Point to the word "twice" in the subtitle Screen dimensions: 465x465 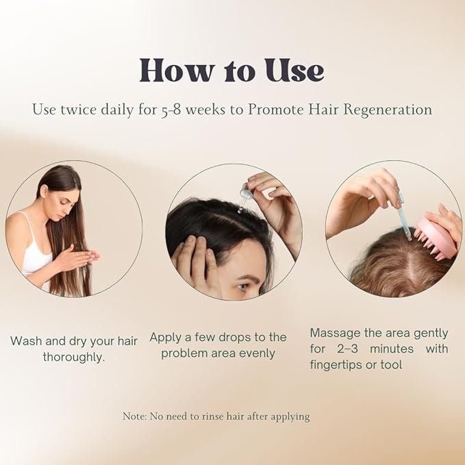pyautogui.click(x=79, y=110)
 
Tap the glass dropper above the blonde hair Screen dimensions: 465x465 pyautogui.click(x=404, y=217)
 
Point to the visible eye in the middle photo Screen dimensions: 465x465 pyautogui.click(x=242, y=287)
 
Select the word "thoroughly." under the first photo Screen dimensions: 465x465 pyautogui.click(x=74, y=357)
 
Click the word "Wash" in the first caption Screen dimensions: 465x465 pyautogui.click(x=26, y=341)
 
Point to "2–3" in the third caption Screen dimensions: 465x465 pyautogui.click(x=348, y=349)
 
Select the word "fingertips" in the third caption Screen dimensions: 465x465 pyautogui.click(x=336, y=365)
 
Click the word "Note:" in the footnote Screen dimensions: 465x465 pyautogui.click(x=135, y=416)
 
